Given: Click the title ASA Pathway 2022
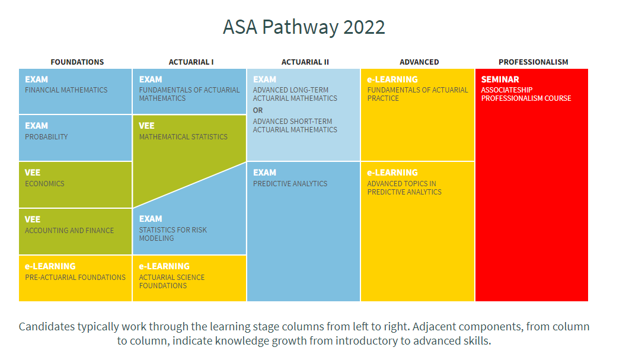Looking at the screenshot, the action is (304, 27).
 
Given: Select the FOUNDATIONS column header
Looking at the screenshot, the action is (77, 62).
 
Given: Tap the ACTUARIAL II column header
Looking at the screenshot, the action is (305, 62).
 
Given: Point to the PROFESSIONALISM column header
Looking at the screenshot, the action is (533, 62).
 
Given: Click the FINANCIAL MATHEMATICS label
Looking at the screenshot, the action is (66, 90).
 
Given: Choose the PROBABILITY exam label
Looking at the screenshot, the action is (46, 136).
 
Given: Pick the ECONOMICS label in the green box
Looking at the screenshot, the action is (44, 183).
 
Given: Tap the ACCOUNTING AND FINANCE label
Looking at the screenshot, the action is (69, 230).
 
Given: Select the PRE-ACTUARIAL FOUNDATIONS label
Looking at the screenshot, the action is (75, 278).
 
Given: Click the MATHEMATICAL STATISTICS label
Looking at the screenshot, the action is (183, 136).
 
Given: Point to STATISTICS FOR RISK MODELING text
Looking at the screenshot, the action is (173, 234).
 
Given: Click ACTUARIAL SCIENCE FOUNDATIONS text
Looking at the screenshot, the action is (172, 281).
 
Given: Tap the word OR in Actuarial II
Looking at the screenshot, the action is (258, 110).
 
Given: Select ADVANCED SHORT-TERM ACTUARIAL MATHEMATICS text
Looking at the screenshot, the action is (295, 125).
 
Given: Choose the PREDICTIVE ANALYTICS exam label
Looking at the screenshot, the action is (290, 183).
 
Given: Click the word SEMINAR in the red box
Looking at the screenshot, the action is (500, 79).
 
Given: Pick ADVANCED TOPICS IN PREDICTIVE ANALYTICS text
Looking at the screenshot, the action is (404, 188).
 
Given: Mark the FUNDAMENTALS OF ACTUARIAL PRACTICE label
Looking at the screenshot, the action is (417, 94).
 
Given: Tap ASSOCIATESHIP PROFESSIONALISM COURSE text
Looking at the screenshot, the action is (526, 94).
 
